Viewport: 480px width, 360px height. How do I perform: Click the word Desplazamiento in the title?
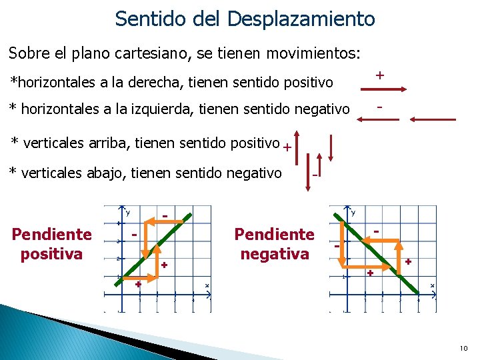coord(301,19)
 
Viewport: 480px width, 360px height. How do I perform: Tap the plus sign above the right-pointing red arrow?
coord(379,75)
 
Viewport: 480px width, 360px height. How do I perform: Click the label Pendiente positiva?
coord(51,244)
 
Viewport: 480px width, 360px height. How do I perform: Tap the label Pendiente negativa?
coord(274,244)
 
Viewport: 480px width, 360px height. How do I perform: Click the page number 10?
coord(463,348)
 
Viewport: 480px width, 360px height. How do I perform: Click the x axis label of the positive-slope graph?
coord(207,286)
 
